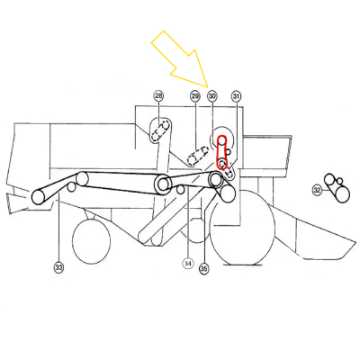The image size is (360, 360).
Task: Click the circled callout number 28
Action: pyautogui.click(x=158, y=95)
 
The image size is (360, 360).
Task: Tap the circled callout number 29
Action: pyautogui.click(x=195, y=95)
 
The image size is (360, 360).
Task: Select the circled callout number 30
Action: pyautogui.click(x=212, y=95)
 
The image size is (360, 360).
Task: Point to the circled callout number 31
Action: pyautogui.click(x=236, y=95)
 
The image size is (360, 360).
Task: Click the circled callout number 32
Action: pyautogui.click(x=317, y=190)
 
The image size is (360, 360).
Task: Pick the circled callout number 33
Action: pyautogui.click(x=58, y=267)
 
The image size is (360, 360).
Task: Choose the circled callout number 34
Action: pyautogui.click(x=188, y=264)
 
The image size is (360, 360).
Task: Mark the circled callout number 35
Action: pyautogui.click(x=203, y=267)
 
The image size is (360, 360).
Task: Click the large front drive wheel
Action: pyautogui.click(x=242, y=230)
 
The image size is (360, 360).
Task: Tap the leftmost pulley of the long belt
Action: pyautogui.click(x=40, y=196)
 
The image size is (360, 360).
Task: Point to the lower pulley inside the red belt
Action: pyautogui.click(x=221, y=163)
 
